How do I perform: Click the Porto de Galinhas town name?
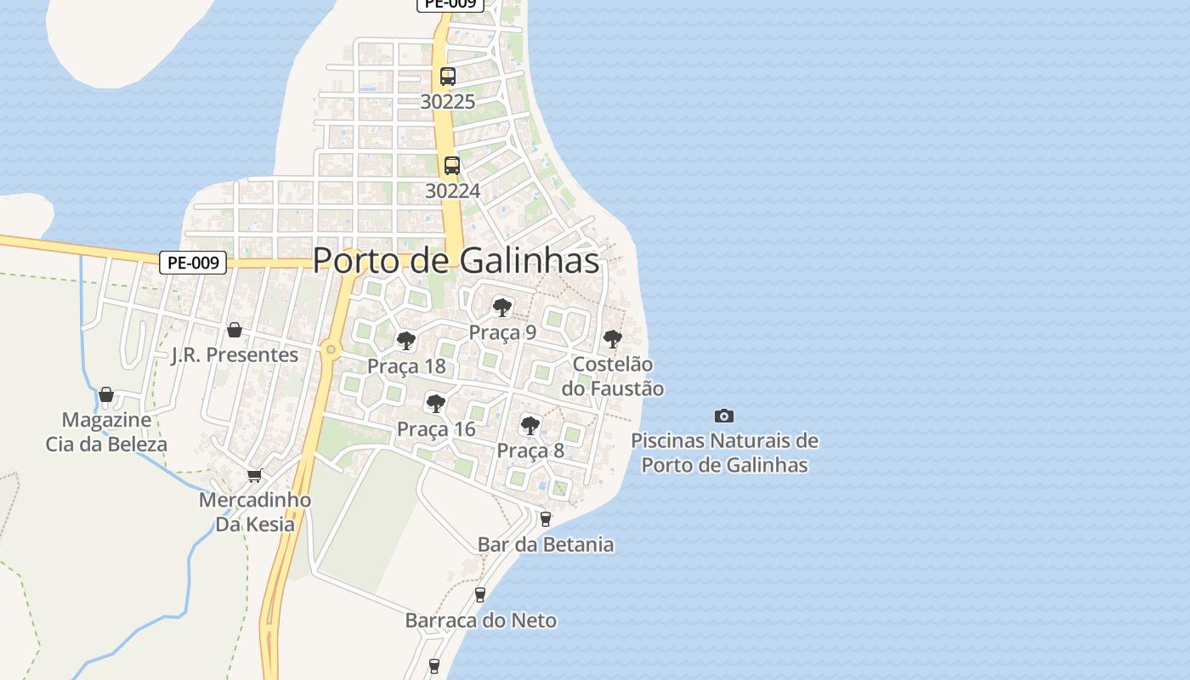456,261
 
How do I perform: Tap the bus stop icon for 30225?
448,76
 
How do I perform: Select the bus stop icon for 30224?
452,166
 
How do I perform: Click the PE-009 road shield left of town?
193,263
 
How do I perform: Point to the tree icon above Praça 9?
502,307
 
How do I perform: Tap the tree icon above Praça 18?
406,341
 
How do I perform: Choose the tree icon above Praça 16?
436,403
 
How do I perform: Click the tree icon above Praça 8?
530,425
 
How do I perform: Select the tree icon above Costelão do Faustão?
612,339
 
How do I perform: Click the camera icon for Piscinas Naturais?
724,416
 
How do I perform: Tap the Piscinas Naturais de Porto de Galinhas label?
724,453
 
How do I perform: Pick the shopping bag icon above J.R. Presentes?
235,330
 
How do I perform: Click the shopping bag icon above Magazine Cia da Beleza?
106,394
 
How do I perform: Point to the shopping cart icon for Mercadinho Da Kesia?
254,475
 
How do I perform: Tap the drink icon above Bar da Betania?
546,518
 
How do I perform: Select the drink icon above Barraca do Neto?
480,594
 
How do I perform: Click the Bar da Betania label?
546,545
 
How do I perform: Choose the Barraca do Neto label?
481,620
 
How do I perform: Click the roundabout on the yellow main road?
331,349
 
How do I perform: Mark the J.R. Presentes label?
235,355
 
